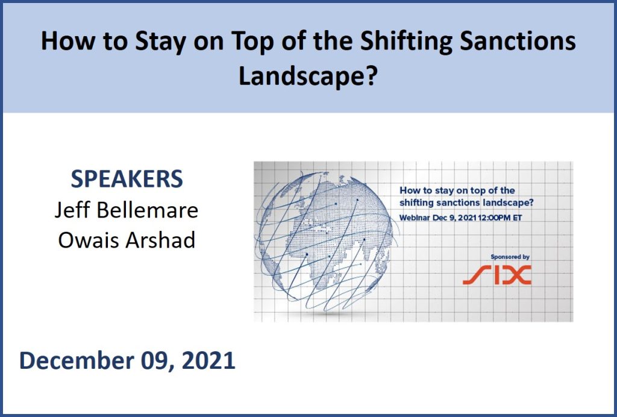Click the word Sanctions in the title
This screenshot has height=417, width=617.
pyautogui.click(x=518, y=40)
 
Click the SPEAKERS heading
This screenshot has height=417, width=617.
pyautogui.click(x=127, y=179)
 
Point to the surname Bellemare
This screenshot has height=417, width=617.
pyautogui.click(x=148, y=210)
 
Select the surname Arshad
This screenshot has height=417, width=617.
pyautogui.click(x=160, y=240)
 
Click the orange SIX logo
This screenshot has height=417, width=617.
pyautogui.click(x=497, y=275)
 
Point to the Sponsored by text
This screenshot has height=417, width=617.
pyautogui.click(x=510, y=257)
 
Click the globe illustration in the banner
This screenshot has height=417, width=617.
pyautogui.click(x=324, y=241)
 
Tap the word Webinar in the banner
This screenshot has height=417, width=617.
pyautogui.click(x=415, y=218)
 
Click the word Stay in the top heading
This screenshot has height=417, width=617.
pyautogui.click(x=160, y=42)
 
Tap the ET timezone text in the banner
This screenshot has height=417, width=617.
pyautogui.click(x=518, y=218)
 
